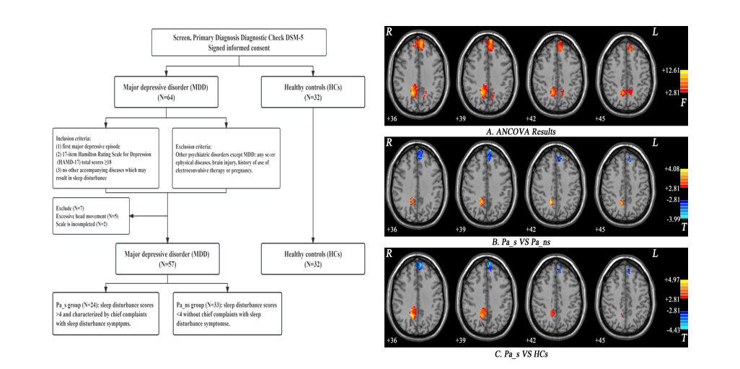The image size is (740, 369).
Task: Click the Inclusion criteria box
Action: click(106, 157)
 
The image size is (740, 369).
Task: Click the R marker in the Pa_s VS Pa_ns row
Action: click(389, 144)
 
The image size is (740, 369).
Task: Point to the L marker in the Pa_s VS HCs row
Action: click(656, 255)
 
